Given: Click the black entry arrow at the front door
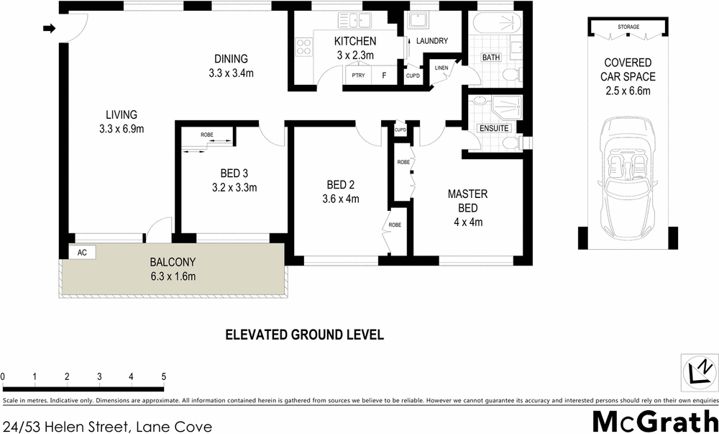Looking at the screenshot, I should click(49, 29).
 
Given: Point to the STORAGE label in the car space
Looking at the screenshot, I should click(628, 27).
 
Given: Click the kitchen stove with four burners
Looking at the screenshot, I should click(303, 48).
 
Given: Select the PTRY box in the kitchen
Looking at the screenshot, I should click(357, 76).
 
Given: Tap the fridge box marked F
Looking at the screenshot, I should click(384, 76).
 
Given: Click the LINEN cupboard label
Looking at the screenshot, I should click(441, 68).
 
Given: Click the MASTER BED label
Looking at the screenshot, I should click(467, 201).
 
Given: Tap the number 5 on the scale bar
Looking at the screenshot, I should click(164, 376).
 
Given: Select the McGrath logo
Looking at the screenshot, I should click(654, 420).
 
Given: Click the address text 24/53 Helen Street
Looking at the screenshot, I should click(108, 427).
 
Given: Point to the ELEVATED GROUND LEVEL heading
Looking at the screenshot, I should click(305, 335).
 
